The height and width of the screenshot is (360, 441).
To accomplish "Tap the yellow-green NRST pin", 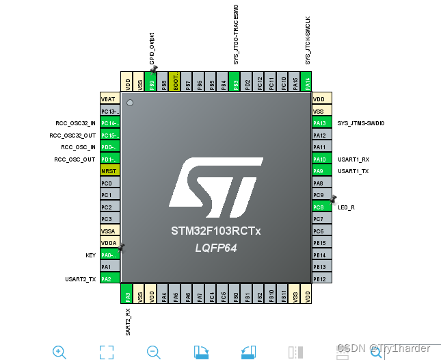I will (x=110, y=170).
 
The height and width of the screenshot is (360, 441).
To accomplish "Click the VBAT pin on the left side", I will (x=110, y=99).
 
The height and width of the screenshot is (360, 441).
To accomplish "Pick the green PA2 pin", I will (x=110, y=279).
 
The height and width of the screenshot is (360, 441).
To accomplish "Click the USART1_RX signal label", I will (x=353, y=159).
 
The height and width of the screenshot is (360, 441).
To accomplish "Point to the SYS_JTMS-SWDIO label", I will (x=361, y=123).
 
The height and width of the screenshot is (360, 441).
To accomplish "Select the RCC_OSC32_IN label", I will (x=76, y=123).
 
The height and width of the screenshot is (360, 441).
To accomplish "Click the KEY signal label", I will (x=90, y=255).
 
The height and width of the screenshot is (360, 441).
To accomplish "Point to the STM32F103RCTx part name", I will (x=216, y=231).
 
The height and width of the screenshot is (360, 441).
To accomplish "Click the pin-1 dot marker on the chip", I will (x=129, y=103).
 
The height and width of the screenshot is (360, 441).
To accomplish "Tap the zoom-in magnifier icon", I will (x=59, y=352).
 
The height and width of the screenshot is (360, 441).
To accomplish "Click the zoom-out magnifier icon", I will (x=154, y=352).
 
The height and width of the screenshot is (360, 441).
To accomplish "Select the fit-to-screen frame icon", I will (x=106, y=352).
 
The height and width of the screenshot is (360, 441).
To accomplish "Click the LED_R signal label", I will (x=346, y=207).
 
